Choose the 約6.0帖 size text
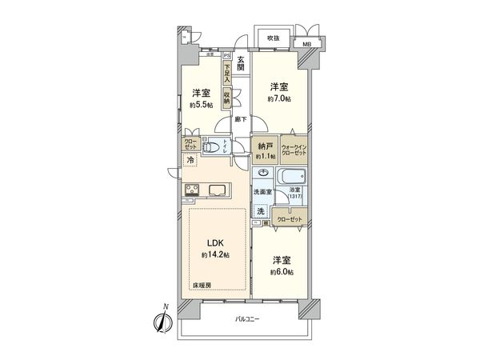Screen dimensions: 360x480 click(x=280, y=272)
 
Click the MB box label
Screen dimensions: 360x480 click(x=306, y=46)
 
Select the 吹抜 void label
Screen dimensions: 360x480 click(x=273, y=38)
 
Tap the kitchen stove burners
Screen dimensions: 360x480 click(x=194, y=190)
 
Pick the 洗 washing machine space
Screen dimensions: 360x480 click(x=261, y=211)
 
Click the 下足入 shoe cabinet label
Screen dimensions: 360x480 click(x=227, y=74)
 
